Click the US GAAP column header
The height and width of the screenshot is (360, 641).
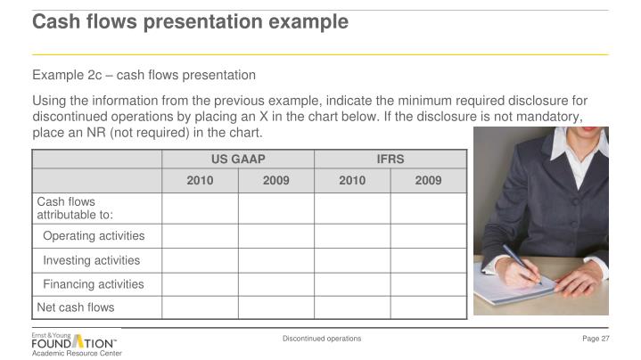point(238,160)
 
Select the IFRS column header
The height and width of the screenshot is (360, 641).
point(390,160)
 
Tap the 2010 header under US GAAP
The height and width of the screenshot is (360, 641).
point(200,181)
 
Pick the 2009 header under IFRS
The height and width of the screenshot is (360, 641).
point(428,181)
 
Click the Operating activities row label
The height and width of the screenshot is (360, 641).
point(94,236)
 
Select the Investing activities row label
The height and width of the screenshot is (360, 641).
point(91,260)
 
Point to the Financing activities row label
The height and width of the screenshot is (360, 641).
point(93,284)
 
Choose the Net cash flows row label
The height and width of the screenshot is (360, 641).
point(76,307)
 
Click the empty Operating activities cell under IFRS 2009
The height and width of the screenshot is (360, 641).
point(428,236)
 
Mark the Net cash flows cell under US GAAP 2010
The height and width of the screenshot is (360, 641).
point(200,307)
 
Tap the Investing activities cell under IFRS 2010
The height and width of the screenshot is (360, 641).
point(352,260)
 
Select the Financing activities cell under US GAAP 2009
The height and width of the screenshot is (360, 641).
point(276,284)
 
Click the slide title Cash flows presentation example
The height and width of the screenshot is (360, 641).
point(190,21)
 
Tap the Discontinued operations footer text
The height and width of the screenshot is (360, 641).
point(322,339)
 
